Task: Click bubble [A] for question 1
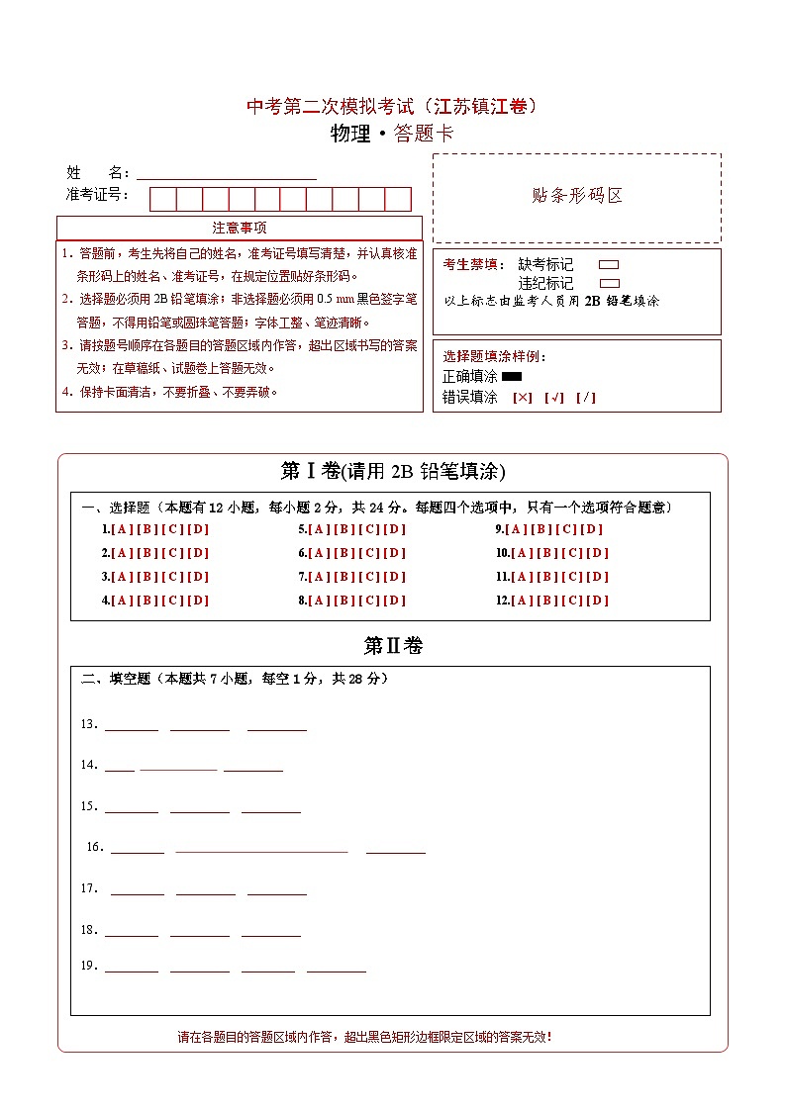tap(122, 529)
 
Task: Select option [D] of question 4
tap(198, 601)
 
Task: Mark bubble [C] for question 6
tap(369, 553)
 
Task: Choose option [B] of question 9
tap(543, 529)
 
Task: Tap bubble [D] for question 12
tap(598, 601)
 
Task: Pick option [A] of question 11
tap(522, 577)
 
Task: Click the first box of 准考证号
tap(162, 199)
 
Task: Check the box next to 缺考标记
tap(609, 265)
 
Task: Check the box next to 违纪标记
tap(609, 283)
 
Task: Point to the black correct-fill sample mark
tap(512, 377)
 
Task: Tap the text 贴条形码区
tap(577, 196)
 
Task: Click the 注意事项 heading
tap(240, 229)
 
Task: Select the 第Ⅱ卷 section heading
tap(393, 646)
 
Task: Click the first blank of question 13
tap(131, 727)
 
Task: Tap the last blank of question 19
tap(336, 970)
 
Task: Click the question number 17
tap(89, 888)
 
